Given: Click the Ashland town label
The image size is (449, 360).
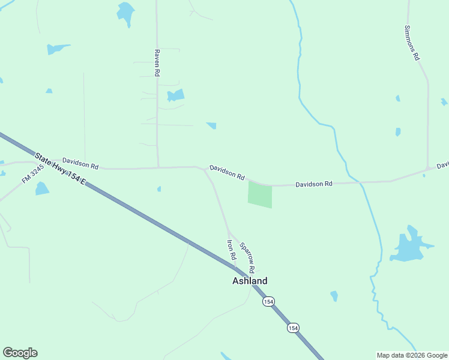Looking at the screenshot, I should [250, 281].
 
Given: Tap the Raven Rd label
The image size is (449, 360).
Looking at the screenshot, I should [157, 62].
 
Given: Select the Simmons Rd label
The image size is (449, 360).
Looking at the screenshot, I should [411, 43].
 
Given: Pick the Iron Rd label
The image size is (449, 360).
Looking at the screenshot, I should [231, 250].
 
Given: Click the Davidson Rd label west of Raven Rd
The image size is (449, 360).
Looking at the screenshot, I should [80, 164].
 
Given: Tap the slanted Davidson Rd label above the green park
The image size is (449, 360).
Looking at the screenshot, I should [227, 173].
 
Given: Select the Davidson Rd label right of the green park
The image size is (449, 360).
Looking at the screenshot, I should [313, 184].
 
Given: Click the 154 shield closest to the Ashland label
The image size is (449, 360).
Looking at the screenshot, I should [268, 301].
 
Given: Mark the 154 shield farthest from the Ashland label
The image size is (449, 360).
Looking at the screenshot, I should [292, 328].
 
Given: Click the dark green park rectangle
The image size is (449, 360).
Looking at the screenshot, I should [260, 195].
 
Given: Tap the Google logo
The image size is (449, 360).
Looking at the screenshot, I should [20, 353].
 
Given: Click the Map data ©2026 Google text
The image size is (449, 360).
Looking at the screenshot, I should [412, 355].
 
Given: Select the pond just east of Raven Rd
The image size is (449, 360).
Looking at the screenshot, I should [175, 95].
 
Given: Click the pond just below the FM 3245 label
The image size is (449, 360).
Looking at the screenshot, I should [41, 189].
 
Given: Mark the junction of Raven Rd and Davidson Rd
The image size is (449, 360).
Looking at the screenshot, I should [158, 167].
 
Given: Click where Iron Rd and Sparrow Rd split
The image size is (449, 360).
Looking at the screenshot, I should [228, 230].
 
